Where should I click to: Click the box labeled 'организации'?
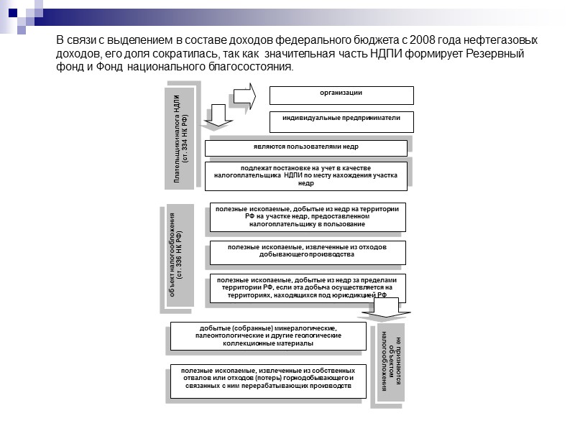(x=341, y=95)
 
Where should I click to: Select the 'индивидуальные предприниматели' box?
(x=341, y=121)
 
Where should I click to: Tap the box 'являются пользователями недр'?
(x=306, y=148)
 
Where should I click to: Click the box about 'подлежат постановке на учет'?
(x=306, y=175)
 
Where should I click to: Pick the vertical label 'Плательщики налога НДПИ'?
(x=180, y=136)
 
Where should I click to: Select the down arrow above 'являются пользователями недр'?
(x=220, y=116)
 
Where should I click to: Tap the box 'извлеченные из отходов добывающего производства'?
(x=308, y=252)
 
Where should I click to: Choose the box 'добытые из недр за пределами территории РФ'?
(x=308, y=287)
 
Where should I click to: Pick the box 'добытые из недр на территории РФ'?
(x=308, y=217)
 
